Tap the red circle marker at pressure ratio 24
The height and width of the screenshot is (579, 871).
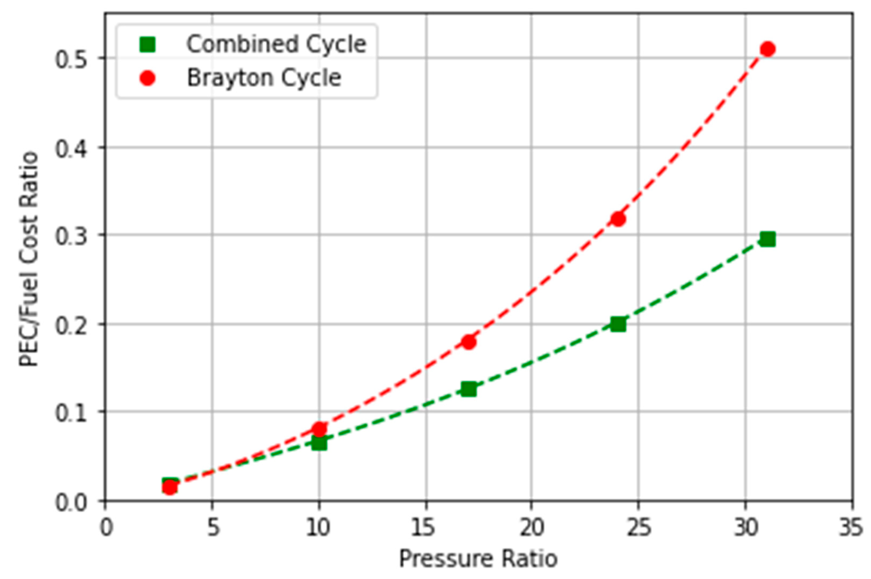point(618,219)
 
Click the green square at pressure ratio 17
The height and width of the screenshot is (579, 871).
point(469,389)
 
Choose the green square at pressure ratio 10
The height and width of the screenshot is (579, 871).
point(319,443)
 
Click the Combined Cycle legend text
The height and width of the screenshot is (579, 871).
point(276,44)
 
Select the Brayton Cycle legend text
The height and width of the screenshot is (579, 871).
point(264,78)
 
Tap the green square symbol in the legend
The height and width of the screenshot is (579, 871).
point(147,44)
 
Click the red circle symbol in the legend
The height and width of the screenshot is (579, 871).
point(147,78)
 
